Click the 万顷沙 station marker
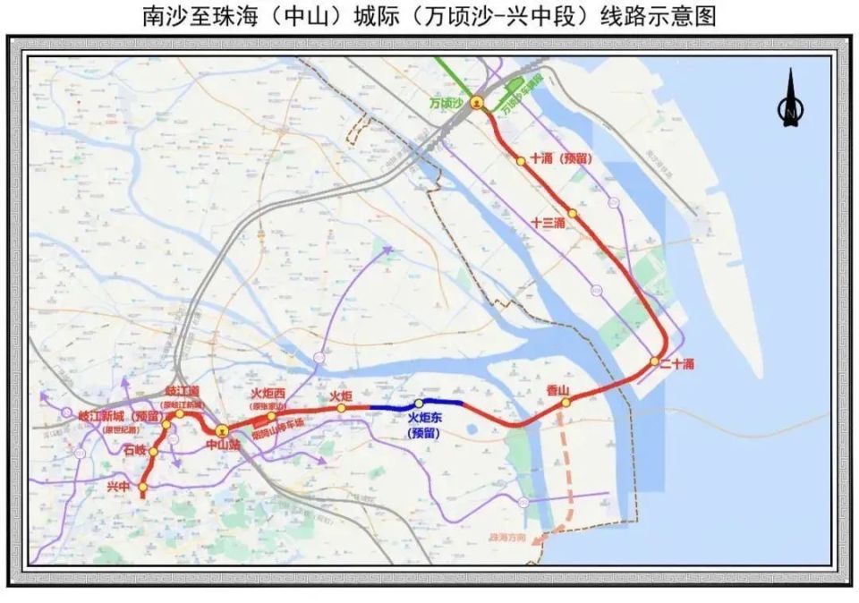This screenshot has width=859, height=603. [x=478, y=103]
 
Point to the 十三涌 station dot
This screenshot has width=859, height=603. [x=573, y=213]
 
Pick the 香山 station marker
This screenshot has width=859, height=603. [x=566, y=403]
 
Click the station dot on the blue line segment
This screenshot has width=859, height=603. [x=419, y=403]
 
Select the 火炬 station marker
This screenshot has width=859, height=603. [x=341, y=408]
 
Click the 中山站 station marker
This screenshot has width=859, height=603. [x=222, y=429]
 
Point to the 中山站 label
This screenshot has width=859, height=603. [x=222, y=445]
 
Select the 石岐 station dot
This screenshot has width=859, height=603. [x=153, y=452]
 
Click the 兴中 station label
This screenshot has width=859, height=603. [x=118, y=487]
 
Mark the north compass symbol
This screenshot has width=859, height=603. [x=789, y=101]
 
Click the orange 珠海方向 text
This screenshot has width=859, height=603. [x=507, y=539]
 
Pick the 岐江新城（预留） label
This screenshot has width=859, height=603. [x=122, y=416]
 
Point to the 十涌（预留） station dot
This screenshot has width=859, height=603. [x=521, y=161]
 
